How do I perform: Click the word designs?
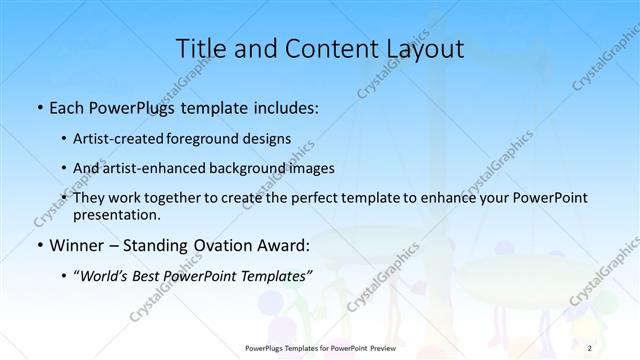pos(268,139)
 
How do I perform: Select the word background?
pos(252,167)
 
